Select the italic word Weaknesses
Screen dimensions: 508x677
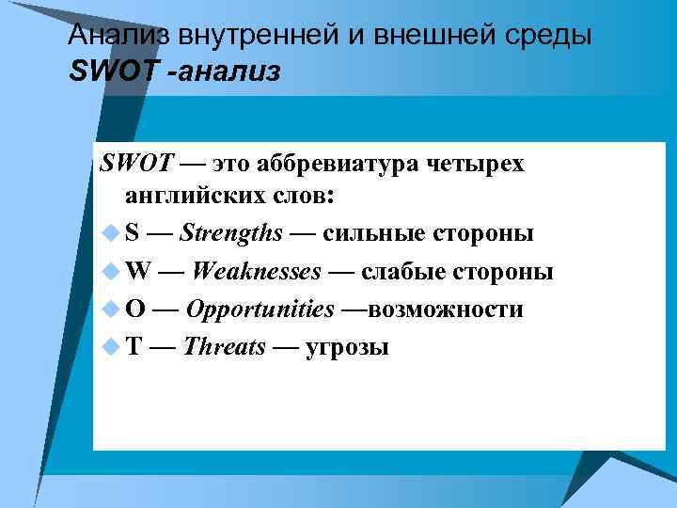pos(255,272)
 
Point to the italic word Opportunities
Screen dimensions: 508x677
pos(260,310)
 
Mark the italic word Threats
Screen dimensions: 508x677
pos(225,346)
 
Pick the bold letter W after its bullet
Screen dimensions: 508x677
pos(137,272)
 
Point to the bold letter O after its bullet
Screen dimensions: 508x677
pos(135,310)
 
